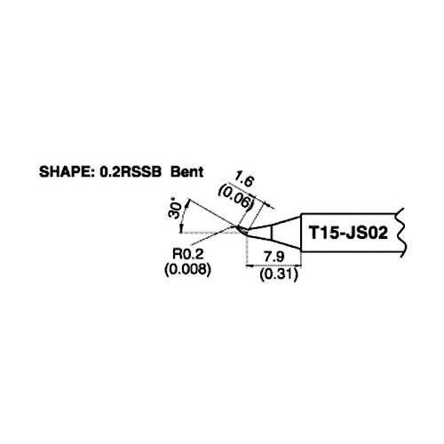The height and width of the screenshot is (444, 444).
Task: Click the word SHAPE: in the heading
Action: click(x=67, y=172)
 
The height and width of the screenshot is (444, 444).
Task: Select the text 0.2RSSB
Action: click(x=131, y=172)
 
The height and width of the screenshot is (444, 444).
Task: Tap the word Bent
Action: click(x=187, y=172)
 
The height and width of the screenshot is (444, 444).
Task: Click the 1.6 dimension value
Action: click(x=243, y=180)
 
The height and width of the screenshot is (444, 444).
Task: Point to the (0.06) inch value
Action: click(x=236, y=197)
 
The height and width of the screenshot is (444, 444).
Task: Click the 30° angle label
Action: click(x=174, y=210)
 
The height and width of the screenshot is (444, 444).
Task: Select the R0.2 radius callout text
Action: click(x=188, y=254)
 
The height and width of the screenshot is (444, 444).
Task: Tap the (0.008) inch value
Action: click(x=187, y=269)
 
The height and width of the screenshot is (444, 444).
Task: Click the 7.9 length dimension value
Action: click(x=274, y=257)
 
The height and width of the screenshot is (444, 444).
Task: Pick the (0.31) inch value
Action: click(x=279, y=275)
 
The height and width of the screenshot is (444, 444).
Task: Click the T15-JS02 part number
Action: click(x=348, y=233)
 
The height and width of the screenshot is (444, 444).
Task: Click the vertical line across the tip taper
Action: click(x=272, y=233)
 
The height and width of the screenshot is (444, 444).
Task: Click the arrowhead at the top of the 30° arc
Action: click(x=187, y=202)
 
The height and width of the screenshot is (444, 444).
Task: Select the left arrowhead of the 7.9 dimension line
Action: click(x=250, y=266)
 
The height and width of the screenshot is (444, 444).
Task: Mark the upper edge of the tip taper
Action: click(x=276, y=223)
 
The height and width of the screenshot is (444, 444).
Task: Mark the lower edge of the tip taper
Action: click(x=274, y=242)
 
